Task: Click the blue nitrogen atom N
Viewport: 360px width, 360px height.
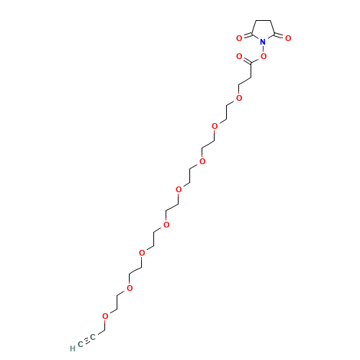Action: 263,42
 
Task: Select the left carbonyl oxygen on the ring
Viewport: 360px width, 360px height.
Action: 239,38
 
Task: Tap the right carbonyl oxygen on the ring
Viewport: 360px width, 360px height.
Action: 288,38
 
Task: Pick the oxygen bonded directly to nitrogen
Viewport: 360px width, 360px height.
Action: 264,56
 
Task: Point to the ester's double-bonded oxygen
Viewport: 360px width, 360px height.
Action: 239,57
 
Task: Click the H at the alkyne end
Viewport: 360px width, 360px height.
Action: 73,348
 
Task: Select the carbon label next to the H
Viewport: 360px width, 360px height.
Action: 81,344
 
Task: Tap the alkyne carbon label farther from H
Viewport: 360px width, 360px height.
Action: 93,337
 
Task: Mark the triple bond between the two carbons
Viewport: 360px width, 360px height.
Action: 86,341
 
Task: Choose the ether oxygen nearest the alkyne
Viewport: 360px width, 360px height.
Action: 105,316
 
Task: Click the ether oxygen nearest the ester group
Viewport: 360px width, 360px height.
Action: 239,98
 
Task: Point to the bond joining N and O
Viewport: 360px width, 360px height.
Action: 264,49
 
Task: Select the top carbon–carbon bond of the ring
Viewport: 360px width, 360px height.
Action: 264,21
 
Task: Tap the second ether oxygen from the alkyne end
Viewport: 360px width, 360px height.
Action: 130,288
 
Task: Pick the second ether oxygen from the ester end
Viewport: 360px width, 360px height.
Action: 215,126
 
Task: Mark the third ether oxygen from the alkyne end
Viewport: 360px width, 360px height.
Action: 142,253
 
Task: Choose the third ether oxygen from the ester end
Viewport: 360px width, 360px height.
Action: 202,161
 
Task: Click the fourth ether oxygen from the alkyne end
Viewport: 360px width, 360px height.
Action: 166,225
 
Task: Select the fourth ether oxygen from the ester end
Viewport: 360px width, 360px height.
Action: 179,189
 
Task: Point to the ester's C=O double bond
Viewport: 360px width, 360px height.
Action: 247,60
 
